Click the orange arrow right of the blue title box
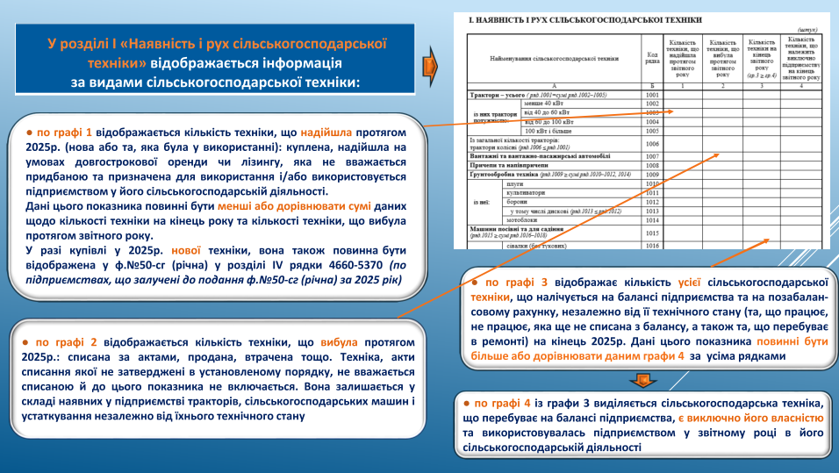pos(428,67)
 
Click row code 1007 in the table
pos(651,156)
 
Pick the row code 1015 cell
pos(651,233)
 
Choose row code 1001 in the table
pos(651,94)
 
